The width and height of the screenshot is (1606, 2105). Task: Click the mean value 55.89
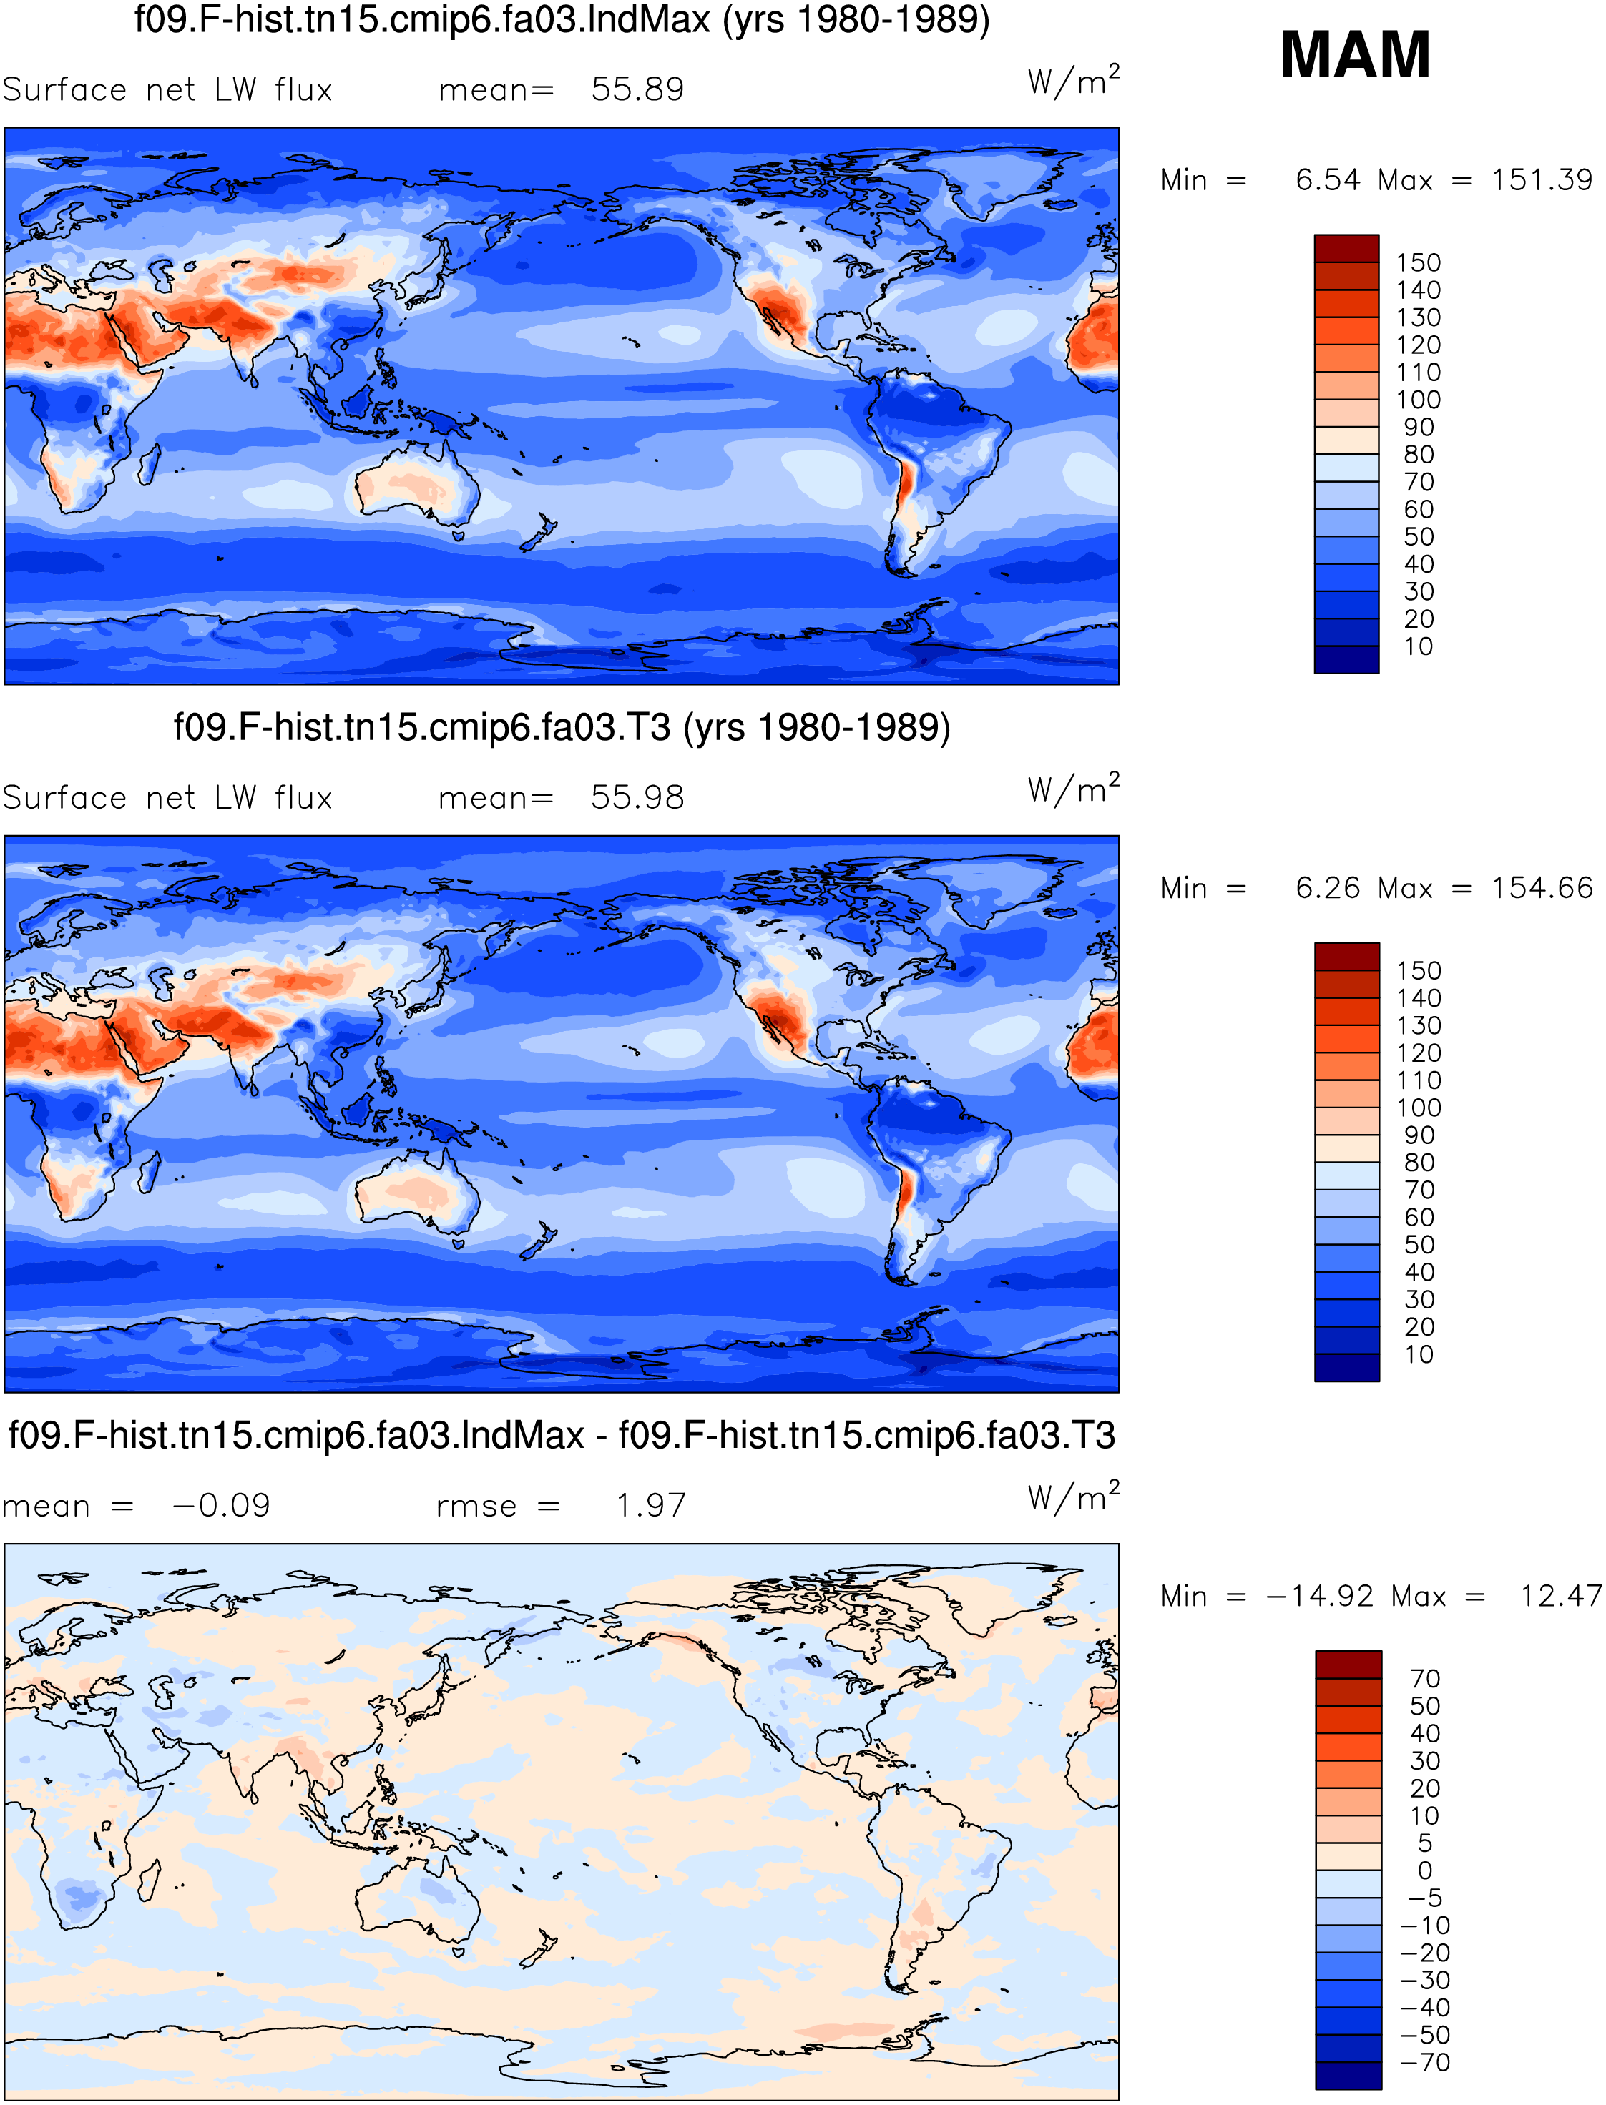click(x=637, y=90)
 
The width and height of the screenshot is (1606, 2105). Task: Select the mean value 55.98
click(x=637, y=798)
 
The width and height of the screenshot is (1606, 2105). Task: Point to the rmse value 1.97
click(x=651, y=1506)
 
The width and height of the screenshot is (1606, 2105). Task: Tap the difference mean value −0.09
click(x=222, y=1506)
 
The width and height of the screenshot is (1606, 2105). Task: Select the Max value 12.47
click(x=1561, y=1596)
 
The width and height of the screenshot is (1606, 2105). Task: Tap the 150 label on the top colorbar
click(x=1418, y=262)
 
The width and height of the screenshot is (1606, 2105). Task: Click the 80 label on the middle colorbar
click(x=1419, y=1163)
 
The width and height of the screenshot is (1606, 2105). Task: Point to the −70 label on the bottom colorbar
click(x=1425, y=2062)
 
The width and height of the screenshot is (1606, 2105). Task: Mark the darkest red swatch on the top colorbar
click(x=1346, y=248)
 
